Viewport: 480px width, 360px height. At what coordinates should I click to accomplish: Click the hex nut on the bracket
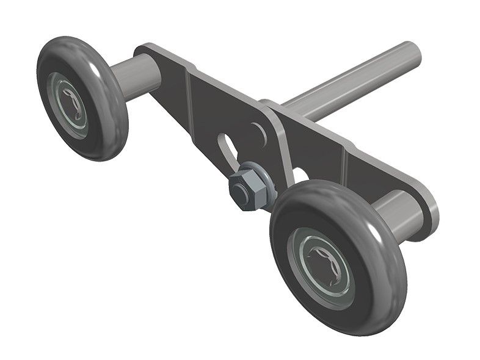[x=244, y=191]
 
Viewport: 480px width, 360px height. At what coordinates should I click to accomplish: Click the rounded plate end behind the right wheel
[x=427, y=201]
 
